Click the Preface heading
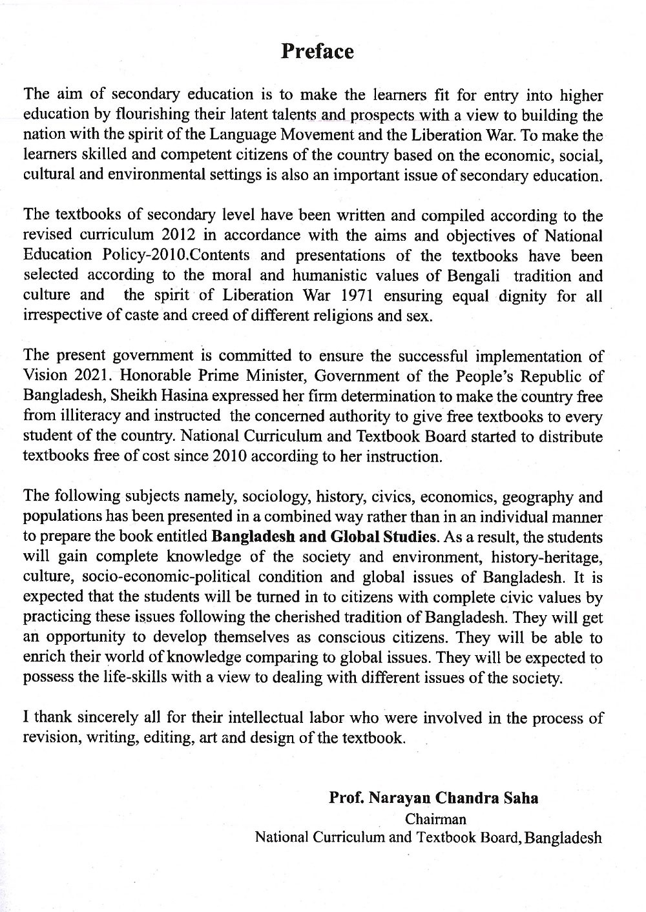click(x=317, y=52)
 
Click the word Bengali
click(x=475, y=276)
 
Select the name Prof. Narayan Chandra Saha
click(x=433, y=798)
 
